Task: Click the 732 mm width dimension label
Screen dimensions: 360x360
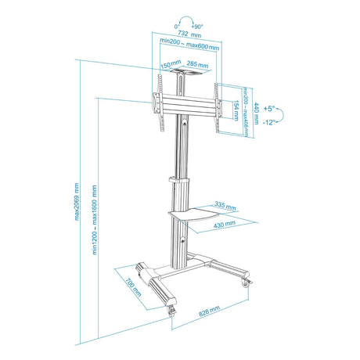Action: (189, 34)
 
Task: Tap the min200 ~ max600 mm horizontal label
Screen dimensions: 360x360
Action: (189, 44)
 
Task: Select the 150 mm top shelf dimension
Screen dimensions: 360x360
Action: (171, 64)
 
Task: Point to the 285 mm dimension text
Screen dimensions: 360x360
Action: (197, 64)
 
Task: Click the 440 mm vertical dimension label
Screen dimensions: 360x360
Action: (256, 113)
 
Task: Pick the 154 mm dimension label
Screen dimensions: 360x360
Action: (236, 110)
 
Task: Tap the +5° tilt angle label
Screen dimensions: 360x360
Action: (269, 109)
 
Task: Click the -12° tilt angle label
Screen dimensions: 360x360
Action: (269, 122)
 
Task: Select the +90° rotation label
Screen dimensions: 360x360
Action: (197, 27)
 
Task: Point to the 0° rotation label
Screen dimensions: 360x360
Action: (177, 27)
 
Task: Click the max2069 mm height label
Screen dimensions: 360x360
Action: (77, 202)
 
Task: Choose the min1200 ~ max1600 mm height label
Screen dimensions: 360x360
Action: (95, 220)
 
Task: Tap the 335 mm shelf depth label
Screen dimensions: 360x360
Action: (225, 206)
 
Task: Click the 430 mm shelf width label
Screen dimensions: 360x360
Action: (225, 224)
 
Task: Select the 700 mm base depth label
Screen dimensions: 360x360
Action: (133, 287)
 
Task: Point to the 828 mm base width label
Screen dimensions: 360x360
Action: (209, 311)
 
